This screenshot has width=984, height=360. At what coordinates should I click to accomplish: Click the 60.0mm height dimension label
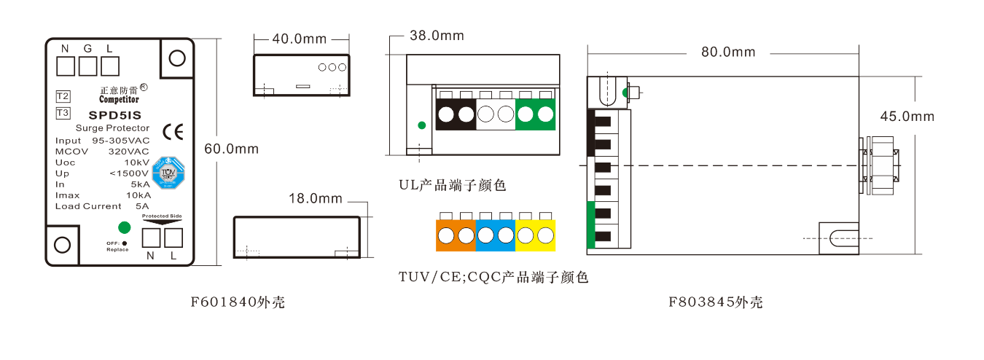point(231,149)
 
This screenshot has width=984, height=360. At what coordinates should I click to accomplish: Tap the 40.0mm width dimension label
point(300,39)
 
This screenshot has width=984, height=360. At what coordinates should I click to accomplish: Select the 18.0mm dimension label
point(316,198)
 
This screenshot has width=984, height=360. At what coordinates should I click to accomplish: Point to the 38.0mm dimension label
point(437,36)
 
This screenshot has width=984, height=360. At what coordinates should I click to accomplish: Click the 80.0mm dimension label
point(728,52)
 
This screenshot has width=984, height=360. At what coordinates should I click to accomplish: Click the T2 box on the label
point(63,96)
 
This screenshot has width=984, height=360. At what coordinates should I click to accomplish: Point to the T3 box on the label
point(63,113)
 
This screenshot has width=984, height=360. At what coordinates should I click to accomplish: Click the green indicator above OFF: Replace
point(125,227)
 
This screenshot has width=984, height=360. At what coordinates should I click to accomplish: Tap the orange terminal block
point(456,235)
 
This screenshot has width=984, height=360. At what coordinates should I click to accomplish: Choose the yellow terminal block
point(536,235)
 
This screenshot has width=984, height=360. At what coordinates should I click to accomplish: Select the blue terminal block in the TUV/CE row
point(496,235)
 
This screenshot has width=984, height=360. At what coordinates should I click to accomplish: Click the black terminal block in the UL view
point(456,114)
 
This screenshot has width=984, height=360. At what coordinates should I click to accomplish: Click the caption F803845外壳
point(716,302)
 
